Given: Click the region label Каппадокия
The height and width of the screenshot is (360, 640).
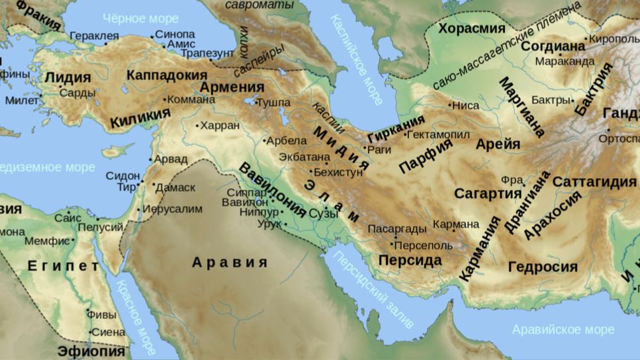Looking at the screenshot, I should pos(166,75).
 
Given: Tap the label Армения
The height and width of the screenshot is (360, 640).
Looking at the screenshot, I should pos(232,87).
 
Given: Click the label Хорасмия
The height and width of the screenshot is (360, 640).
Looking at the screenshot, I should pos(472,28).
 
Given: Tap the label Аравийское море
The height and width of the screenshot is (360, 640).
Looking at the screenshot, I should pos(563,329).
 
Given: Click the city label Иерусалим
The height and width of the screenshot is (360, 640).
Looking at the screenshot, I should pos(173,208).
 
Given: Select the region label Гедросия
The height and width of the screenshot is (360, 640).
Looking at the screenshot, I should pos(543,267).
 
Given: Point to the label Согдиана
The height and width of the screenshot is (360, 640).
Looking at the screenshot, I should pos(553,46).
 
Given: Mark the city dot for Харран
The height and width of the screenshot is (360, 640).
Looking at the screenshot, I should pos(197,124).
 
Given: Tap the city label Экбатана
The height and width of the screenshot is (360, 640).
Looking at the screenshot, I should pos(304,157).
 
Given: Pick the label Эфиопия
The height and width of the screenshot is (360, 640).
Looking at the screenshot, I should pos(91,351).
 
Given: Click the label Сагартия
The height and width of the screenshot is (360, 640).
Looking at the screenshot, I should pos(488,193).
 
